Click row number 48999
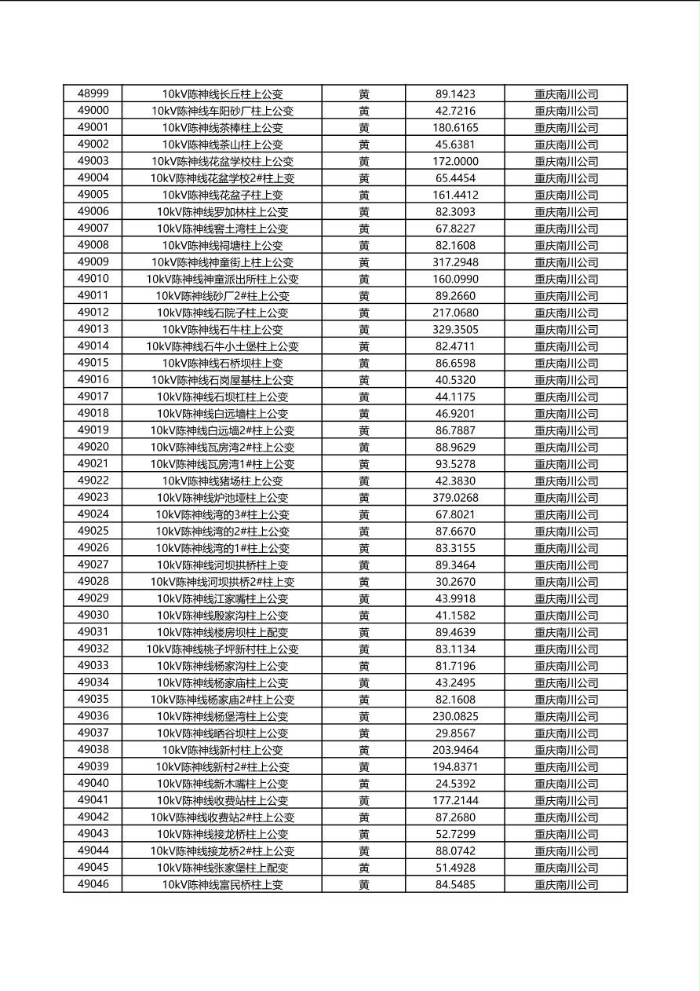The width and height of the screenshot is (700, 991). coord(93,93)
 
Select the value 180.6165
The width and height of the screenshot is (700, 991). coord(455,127)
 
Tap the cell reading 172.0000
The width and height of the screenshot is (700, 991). coord(455,161)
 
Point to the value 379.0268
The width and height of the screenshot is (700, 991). coord(455,497)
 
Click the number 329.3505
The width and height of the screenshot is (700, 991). coord(455,329)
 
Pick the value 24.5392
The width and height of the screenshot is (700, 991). coord(455,783)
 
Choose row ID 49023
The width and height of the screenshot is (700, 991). coord(93,497)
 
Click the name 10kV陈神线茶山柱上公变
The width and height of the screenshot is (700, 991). coord(222,144)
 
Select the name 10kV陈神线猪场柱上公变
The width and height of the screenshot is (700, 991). coord(222,481)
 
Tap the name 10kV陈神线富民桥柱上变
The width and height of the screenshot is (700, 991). coord(222,884)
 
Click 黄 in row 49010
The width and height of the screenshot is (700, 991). coord(364,279)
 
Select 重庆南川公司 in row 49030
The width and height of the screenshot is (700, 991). coord(566,615)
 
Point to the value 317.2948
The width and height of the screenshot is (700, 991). coord(455,262)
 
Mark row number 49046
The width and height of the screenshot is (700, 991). coord(93,884)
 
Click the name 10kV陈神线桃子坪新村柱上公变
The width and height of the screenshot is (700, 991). coord(222,649)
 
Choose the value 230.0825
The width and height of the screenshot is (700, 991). coord(455,716)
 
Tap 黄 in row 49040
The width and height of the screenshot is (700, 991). coord(364,783)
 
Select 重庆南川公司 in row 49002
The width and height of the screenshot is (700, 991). coord(566,144)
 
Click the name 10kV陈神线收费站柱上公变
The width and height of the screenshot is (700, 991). coord(222,800)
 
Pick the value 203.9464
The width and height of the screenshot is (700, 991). coord(455,750)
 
